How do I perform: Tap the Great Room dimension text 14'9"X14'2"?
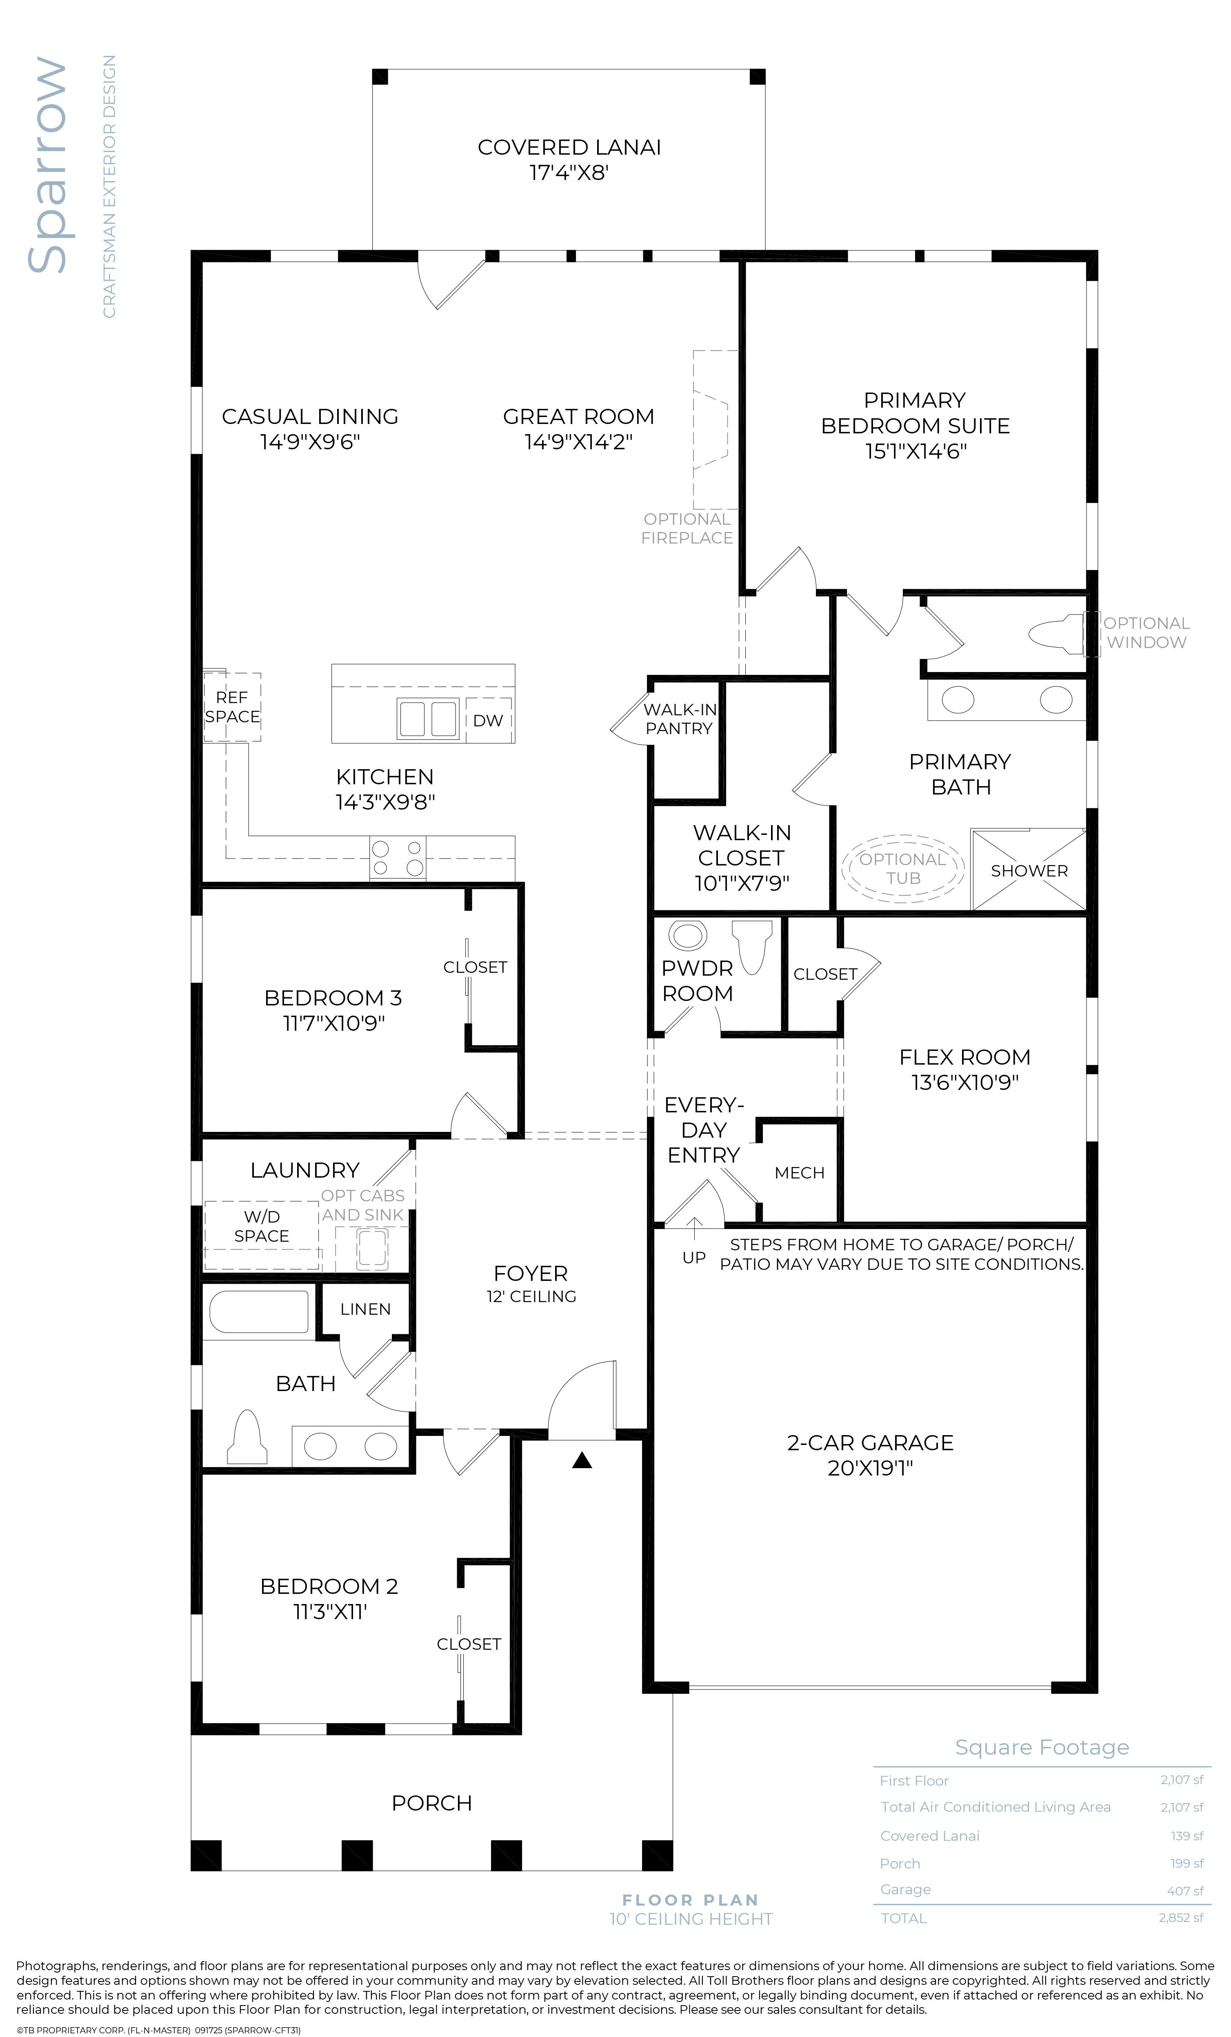579,442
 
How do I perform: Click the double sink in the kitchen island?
427,718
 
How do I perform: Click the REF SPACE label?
232,707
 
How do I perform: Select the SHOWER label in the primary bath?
1029,870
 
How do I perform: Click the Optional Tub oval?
903,868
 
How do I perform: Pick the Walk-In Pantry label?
680,719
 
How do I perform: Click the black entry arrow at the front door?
582,1461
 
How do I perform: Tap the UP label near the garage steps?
693,1258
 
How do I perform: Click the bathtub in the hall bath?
259,1311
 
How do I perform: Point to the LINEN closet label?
365,1309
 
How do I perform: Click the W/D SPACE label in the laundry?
261,1226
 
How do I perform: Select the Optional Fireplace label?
687,528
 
